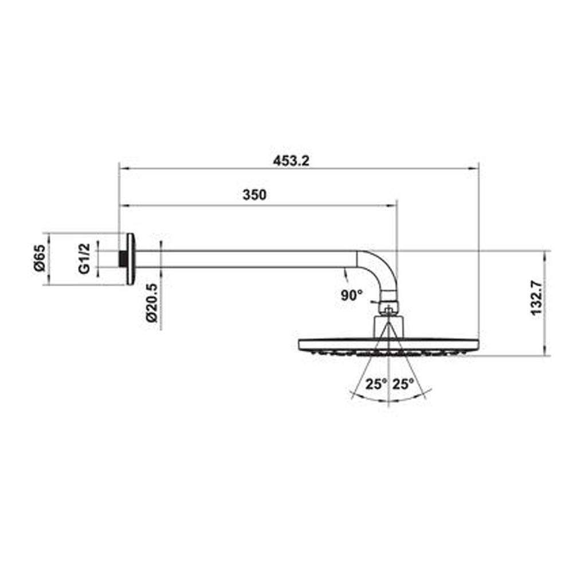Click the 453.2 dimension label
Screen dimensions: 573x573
tap(291, 161)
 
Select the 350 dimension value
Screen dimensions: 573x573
tap(254, 195)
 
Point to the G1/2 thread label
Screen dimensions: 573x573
tap(84, 258)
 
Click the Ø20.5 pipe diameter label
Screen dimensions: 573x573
tap(151, 303)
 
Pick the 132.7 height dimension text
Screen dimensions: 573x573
tap(536, 297)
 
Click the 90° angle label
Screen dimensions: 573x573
tap(352, 295)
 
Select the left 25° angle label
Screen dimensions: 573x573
tap(376, 384)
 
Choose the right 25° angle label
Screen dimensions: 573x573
tap(403, 384)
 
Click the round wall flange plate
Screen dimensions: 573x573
tap(130, 259)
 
